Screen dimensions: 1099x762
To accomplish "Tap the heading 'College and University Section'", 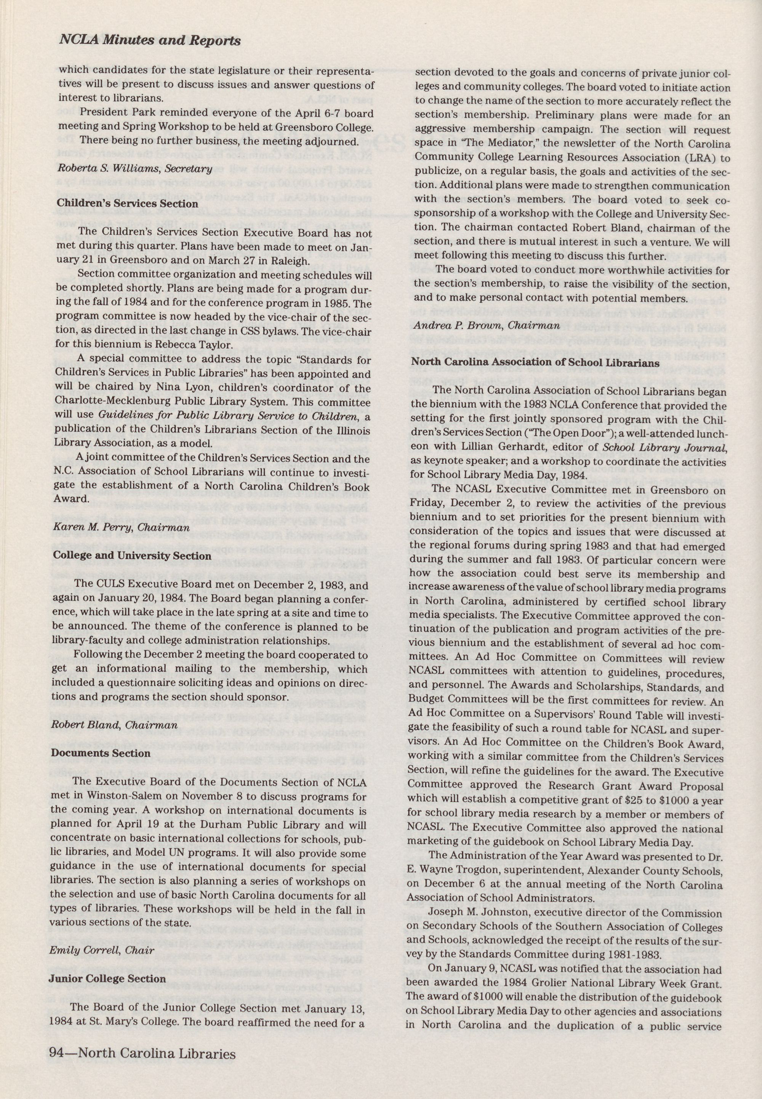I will click(132, 555).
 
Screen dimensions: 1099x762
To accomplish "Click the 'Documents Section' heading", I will click(100, 753).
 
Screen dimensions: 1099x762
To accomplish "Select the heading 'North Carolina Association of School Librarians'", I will click(535, 363).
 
